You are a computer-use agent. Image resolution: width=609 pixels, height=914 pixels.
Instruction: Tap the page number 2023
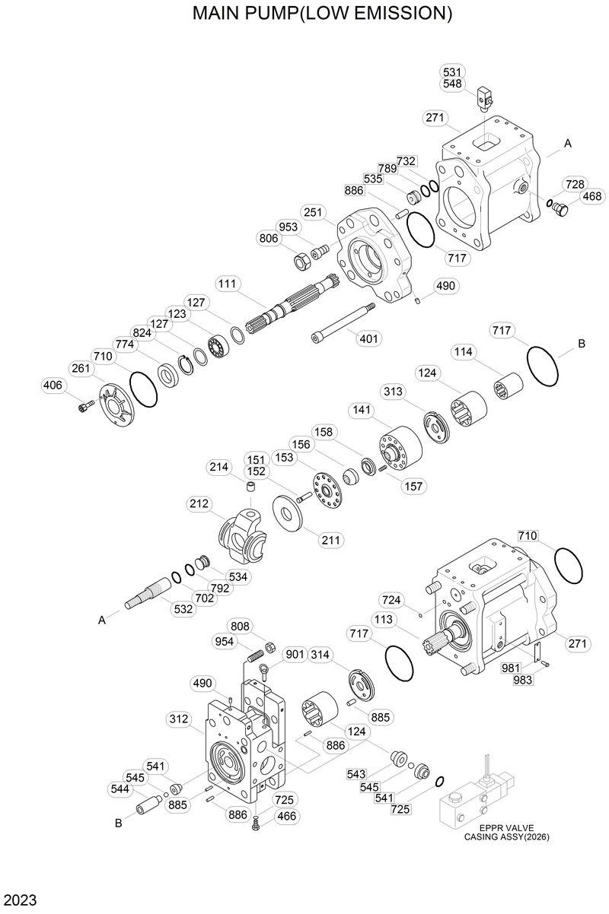(18, 901)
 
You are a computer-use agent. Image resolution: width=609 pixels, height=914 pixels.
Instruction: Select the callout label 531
(451, 72)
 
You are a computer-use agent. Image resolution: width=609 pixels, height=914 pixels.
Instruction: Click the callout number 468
(591, 197)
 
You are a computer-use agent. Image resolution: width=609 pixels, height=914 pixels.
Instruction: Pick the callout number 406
(53, 386)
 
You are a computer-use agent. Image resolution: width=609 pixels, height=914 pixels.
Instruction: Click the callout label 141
(362, 410)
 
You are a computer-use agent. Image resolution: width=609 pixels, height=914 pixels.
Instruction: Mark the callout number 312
(180, 719)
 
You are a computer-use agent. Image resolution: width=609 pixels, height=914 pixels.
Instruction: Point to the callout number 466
(286, 816)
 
